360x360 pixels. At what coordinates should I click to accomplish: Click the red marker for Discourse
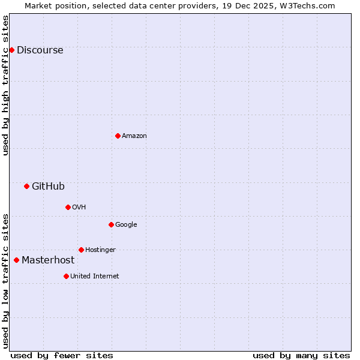[11, 50]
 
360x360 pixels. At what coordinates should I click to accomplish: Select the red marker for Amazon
[118, 136]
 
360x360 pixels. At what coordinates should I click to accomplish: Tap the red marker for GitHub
[26, 186]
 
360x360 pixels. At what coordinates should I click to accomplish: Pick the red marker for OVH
[68, 207]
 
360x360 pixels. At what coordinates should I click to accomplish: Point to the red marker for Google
[111, 224]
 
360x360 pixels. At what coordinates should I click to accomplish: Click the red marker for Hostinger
[81, 250]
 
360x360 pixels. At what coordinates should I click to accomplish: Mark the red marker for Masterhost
[16, 260]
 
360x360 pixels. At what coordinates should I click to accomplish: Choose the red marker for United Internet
[66, 276]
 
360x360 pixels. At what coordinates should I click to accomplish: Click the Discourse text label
[40, 50]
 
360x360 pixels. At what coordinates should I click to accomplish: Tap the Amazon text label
[134, 136]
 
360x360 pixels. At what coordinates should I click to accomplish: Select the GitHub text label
[48, 187]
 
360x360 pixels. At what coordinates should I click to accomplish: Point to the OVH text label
[79, 208]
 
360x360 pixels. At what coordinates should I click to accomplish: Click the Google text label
[126, 225]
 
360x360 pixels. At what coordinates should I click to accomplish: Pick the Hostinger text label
[100, 250]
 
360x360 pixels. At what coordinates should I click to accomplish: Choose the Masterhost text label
[48, 260]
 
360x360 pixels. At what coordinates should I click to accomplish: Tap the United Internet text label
[94, 277]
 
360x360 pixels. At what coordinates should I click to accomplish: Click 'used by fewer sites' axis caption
[62, 355]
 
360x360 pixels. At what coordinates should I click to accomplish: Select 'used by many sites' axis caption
[301, 355]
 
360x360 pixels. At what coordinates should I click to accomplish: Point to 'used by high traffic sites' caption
[6, 85]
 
